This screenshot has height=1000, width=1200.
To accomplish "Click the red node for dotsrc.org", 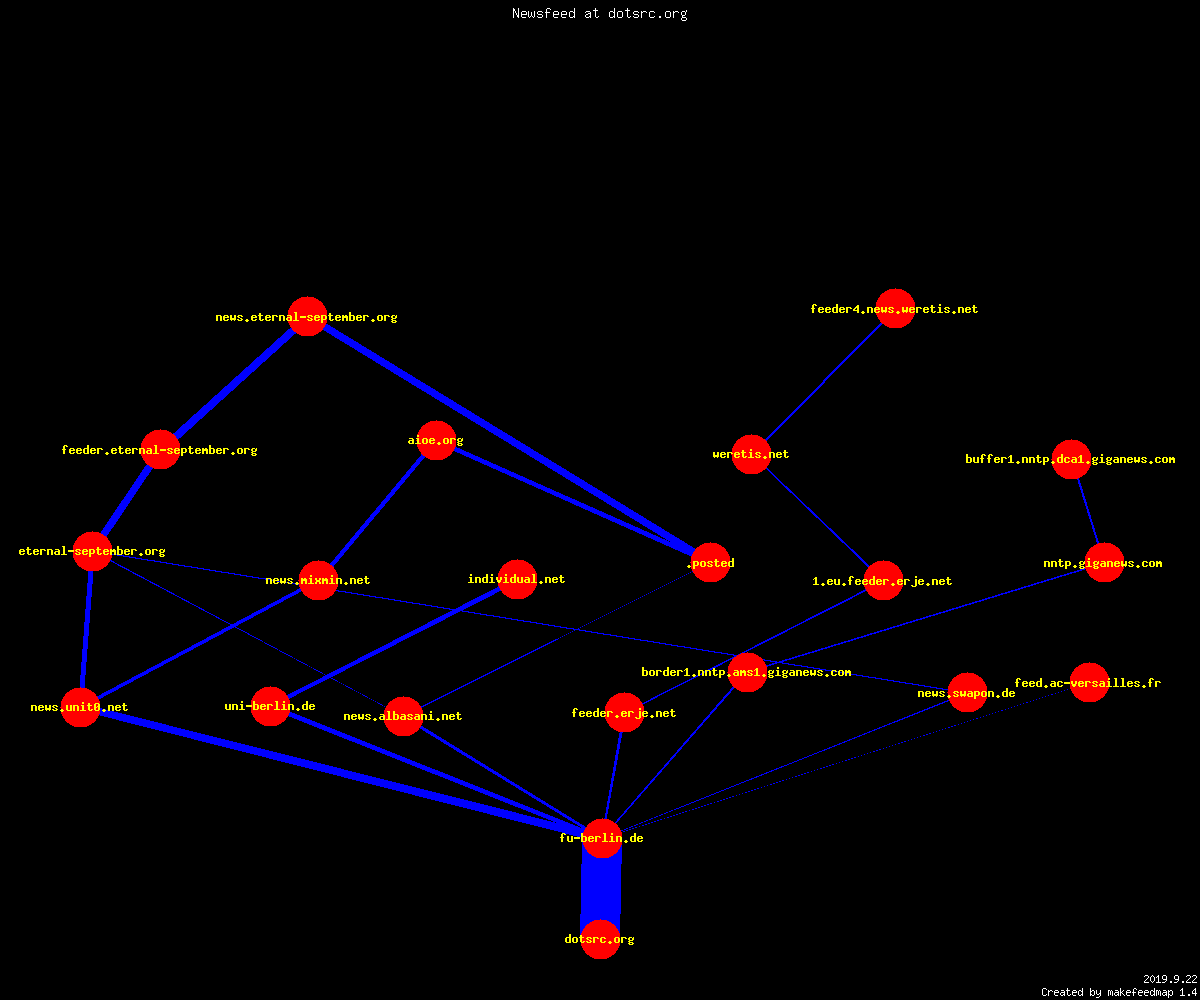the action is pos(600,939).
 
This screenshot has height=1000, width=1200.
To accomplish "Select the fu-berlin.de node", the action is pos(602,839).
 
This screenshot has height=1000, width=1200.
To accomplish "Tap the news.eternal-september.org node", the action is pos(307,317).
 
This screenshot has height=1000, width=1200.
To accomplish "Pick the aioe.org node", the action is pos(436,440).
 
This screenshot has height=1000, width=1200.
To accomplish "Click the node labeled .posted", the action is pos(710,563).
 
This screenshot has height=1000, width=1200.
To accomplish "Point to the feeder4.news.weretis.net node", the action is pos(895,309).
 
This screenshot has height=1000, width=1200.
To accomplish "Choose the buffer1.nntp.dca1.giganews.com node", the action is pos(1071,459).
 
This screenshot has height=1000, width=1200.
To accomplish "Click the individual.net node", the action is pos(517,579).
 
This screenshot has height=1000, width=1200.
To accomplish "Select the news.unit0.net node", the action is pos(80,707).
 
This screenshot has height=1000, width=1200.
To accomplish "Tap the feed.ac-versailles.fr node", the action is pos(1089,683).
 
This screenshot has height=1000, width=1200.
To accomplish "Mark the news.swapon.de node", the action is pos(967,693).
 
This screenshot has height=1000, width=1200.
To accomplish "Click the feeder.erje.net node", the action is pos(624,713).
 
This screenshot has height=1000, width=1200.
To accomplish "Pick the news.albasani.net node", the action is pos(403,716).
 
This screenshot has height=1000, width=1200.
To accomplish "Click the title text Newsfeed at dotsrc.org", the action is pos(599,14).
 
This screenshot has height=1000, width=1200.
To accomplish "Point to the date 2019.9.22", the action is pos(1170,979).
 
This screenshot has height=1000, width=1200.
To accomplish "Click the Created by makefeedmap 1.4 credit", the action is pos(1119,993).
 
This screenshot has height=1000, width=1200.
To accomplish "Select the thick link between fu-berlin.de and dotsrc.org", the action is pos(601,889).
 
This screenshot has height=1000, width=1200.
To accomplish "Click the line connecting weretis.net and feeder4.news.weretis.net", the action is pos(824,382).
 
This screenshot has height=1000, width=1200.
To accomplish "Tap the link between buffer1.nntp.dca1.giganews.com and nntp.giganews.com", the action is pos(1088,511).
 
